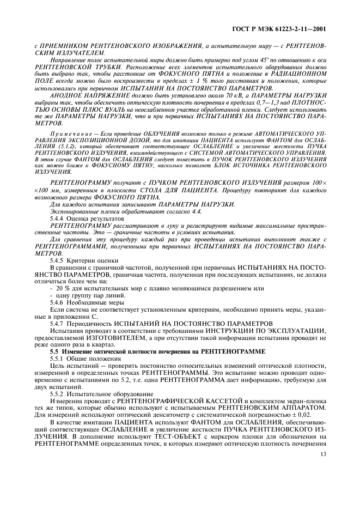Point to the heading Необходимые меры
click(97, 302)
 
